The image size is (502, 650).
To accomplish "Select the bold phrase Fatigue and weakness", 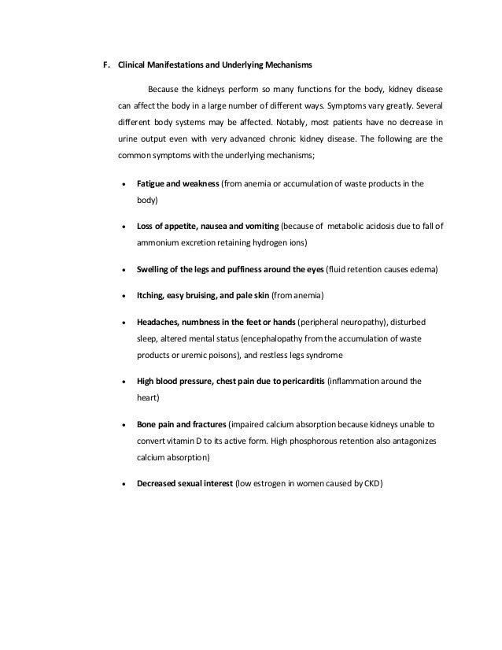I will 178,184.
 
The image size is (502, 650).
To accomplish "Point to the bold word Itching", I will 149,295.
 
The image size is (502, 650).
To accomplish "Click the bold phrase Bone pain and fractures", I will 180,423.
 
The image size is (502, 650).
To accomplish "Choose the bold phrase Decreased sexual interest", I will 185,483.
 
